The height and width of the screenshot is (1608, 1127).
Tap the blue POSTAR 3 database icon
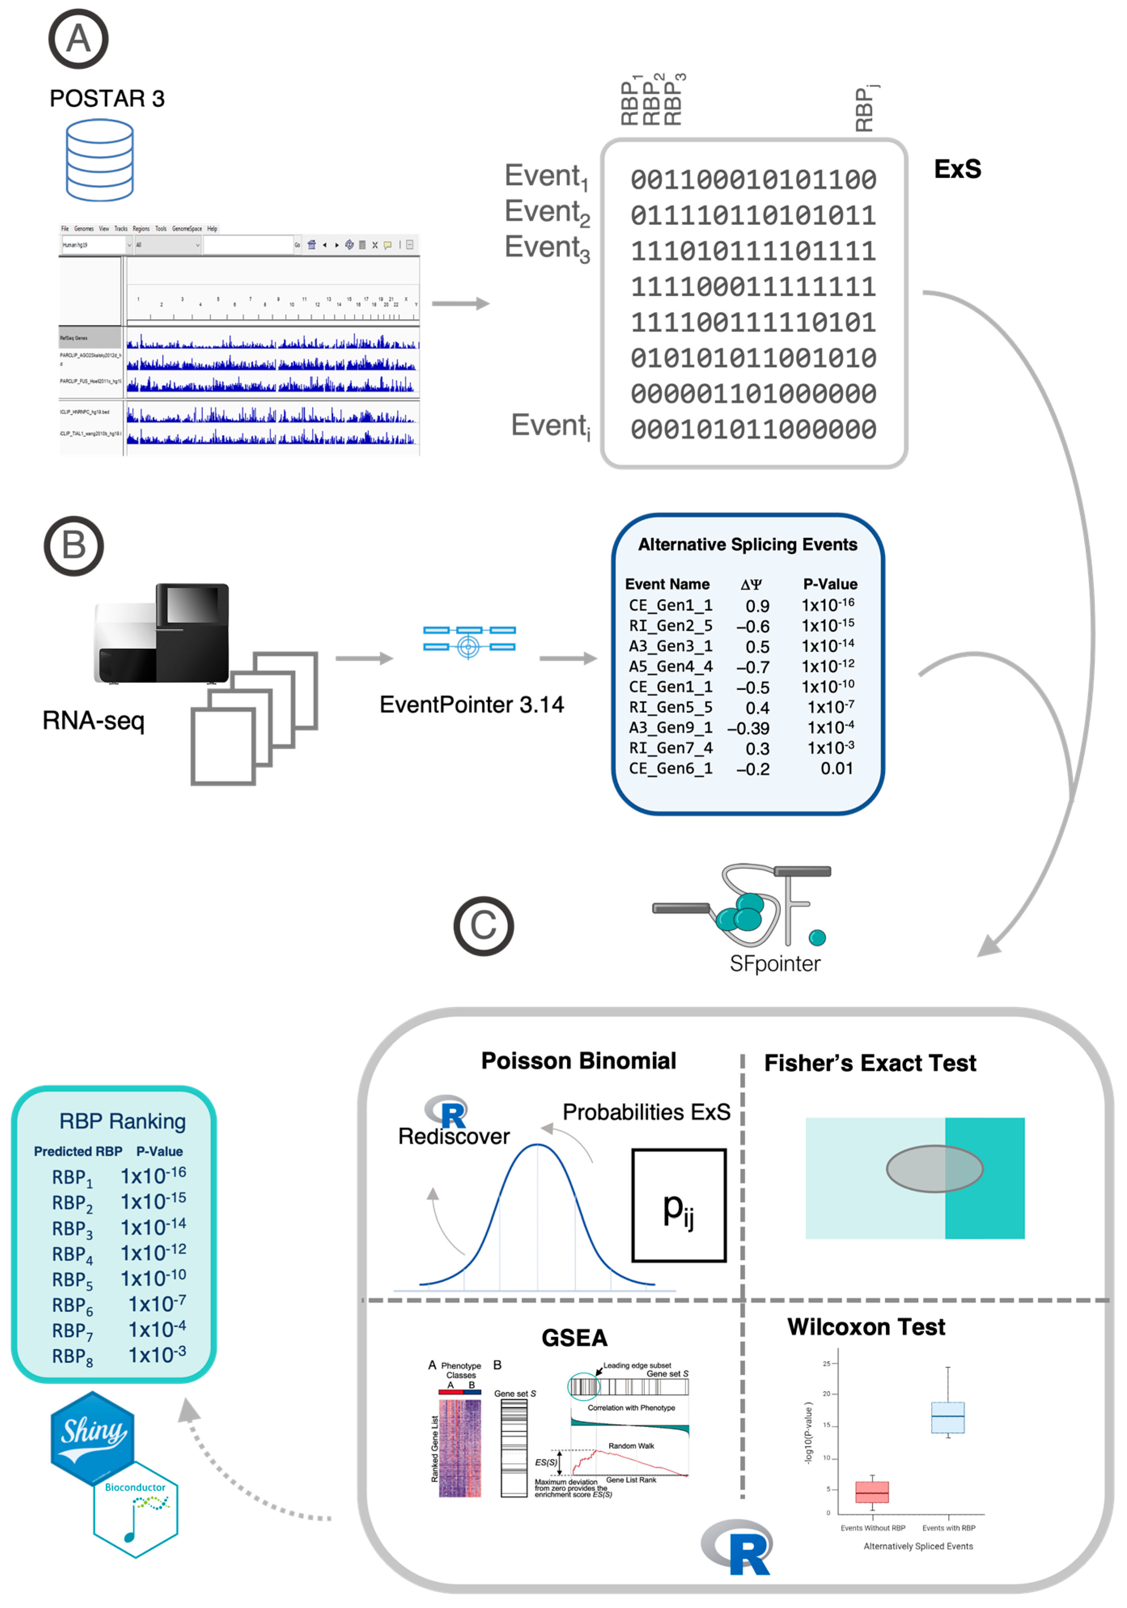(100, 160)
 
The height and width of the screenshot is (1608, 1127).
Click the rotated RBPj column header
(866, 108)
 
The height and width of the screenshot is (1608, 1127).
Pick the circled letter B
(74, 546)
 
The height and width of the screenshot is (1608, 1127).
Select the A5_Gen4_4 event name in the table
(670, 666)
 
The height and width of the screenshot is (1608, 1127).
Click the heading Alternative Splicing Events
(748, 544)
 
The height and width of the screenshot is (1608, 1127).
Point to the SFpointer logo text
(775, 964)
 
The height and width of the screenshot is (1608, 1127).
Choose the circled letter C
(483, 926)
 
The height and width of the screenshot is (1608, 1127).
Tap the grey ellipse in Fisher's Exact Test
(934, 1168)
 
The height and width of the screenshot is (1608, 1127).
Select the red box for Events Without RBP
(872, 1492)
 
